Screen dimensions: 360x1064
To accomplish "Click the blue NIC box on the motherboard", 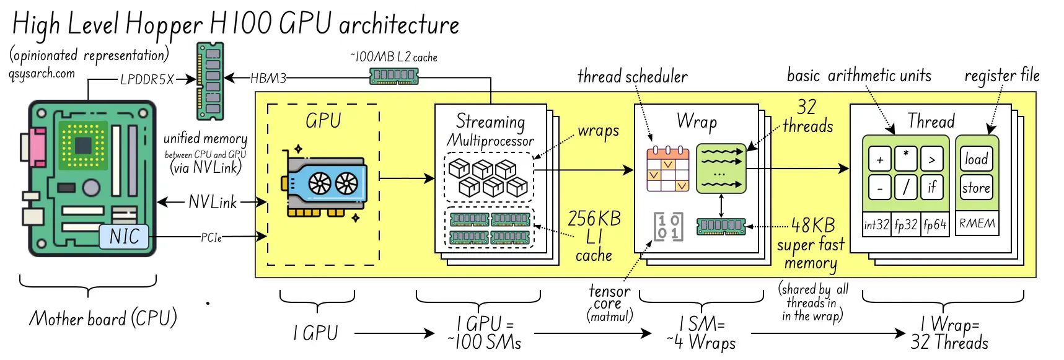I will (x=125, y=236).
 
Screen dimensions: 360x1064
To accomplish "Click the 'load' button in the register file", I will (x=976, y=159).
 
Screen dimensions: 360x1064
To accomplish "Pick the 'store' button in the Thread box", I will (x=976, y=188).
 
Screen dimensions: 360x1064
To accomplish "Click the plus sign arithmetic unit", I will (x=879, y=160).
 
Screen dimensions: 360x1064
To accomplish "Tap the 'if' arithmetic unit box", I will (x=931, y=187).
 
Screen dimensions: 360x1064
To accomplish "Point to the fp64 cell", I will (x=934, y=224).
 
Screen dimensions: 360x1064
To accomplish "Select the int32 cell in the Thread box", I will (x=876, y=224).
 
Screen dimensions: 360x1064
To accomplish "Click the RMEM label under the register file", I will (x=977, y=223).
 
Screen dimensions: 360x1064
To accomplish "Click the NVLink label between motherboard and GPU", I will (x=212, y=202).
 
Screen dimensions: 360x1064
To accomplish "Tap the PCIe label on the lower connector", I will (x=211, y=237).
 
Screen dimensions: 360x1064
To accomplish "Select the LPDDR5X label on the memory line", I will (x=147, y=79).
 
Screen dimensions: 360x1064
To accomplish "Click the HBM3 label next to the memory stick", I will (x=268, y=78).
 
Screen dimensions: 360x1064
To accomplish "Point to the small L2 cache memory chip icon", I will (x=394, y=76).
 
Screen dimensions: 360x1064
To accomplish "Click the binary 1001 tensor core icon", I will (x=667, y=226).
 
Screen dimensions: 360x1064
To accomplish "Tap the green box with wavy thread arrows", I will (x=721, y=169).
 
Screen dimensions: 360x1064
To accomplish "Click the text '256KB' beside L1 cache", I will (x=594, y=218).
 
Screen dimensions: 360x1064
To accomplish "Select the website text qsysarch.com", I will (x=42, y=73).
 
